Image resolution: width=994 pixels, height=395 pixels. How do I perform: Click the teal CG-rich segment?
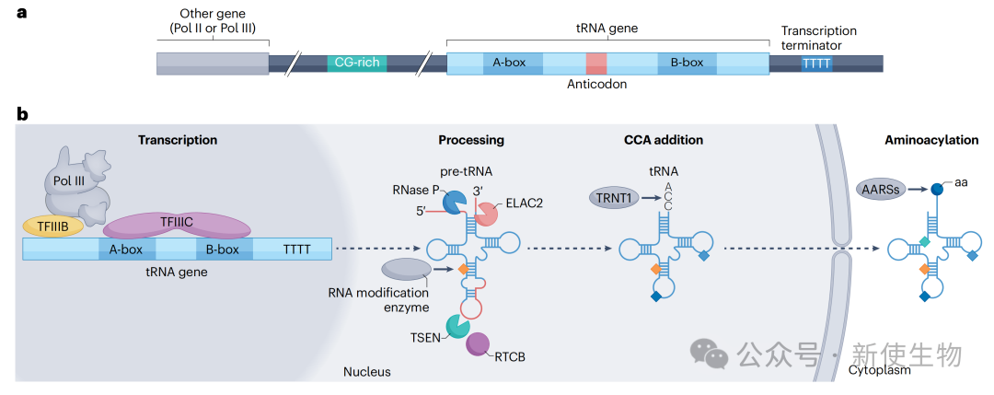pyautogui.click(x=357, y=64)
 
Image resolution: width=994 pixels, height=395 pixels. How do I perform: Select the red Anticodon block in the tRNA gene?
pyautogui.click(x=596, y=64)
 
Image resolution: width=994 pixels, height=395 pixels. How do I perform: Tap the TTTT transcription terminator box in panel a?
pyautogui.click(x=815, y=64)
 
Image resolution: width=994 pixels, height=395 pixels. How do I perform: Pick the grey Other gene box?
pyautogui.click(x=213, y=64)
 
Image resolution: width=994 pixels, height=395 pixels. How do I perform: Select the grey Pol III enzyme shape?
pyautogui.click(x=78, y=184)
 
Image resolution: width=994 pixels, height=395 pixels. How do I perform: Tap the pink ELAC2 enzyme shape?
pyautogui.click(x=486, y=215)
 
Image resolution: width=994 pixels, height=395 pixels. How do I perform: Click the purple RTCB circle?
pyautogui.click(x=478, y=344)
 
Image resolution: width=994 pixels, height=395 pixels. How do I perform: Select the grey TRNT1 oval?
pyautogui.click(x=612, y=196)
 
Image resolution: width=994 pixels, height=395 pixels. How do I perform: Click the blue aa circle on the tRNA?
pyautogui.click(x=938, y=190)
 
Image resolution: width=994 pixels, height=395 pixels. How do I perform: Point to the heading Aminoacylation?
pyautogui.click(x=930, y=140)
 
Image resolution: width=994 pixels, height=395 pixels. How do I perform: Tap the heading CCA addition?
pyautogui.click(x=663, y=140)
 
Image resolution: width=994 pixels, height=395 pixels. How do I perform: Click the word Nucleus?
pyautogui.click(x=367, y=372)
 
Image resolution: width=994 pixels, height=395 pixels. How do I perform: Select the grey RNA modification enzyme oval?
pyautogui.click(x=406, y=269)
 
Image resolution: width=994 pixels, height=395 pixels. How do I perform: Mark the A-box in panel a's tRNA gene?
pyautogui.click(x=509, y=64)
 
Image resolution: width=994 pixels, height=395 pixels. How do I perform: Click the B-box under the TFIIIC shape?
pyautogui.click(x=222, y=250)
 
